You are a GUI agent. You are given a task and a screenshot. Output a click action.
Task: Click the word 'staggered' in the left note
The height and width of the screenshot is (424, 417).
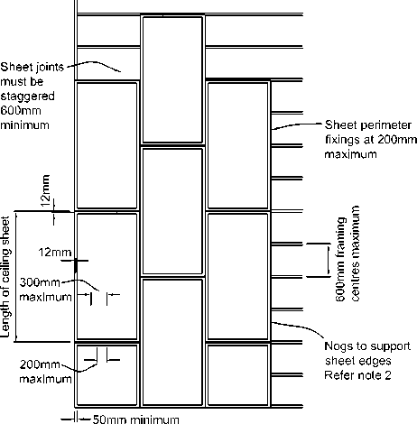27,97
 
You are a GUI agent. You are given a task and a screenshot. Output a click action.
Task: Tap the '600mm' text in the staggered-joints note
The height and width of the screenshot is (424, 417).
21,111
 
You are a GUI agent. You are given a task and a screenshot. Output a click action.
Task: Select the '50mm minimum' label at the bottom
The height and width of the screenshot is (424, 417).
135,419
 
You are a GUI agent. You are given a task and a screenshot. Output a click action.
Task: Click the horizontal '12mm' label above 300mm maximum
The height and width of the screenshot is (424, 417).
55,253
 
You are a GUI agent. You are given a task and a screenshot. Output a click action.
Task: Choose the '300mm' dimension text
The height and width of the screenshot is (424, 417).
40,282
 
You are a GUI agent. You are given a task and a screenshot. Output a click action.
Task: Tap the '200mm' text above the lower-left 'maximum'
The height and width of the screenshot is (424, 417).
40,364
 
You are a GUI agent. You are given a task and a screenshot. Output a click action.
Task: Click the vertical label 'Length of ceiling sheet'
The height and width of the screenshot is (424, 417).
5,277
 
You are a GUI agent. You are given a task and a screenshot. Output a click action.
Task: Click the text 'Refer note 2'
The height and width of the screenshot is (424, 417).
357,375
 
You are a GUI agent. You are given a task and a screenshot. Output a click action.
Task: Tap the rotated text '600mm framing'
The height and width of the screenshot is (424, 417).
339,259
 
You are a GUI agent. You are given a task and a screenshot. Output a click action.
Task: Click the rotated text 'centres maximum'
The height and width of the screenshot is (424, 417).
355,253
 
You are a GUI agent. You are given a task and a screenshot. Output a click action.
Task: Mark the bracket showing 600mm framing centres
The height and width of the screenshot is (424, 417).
328,260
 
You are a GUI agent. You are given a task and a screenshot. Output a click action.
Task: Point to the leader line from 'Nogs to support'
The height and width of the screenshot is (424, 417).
299,327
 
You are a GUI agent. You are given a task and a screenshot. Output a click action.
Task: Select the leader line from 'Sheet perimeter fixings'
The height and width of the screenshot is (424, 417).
297,124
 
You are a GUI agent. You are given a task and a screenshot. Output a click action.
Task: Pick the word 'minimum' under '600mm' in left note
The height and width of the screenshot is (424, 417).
24,125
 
